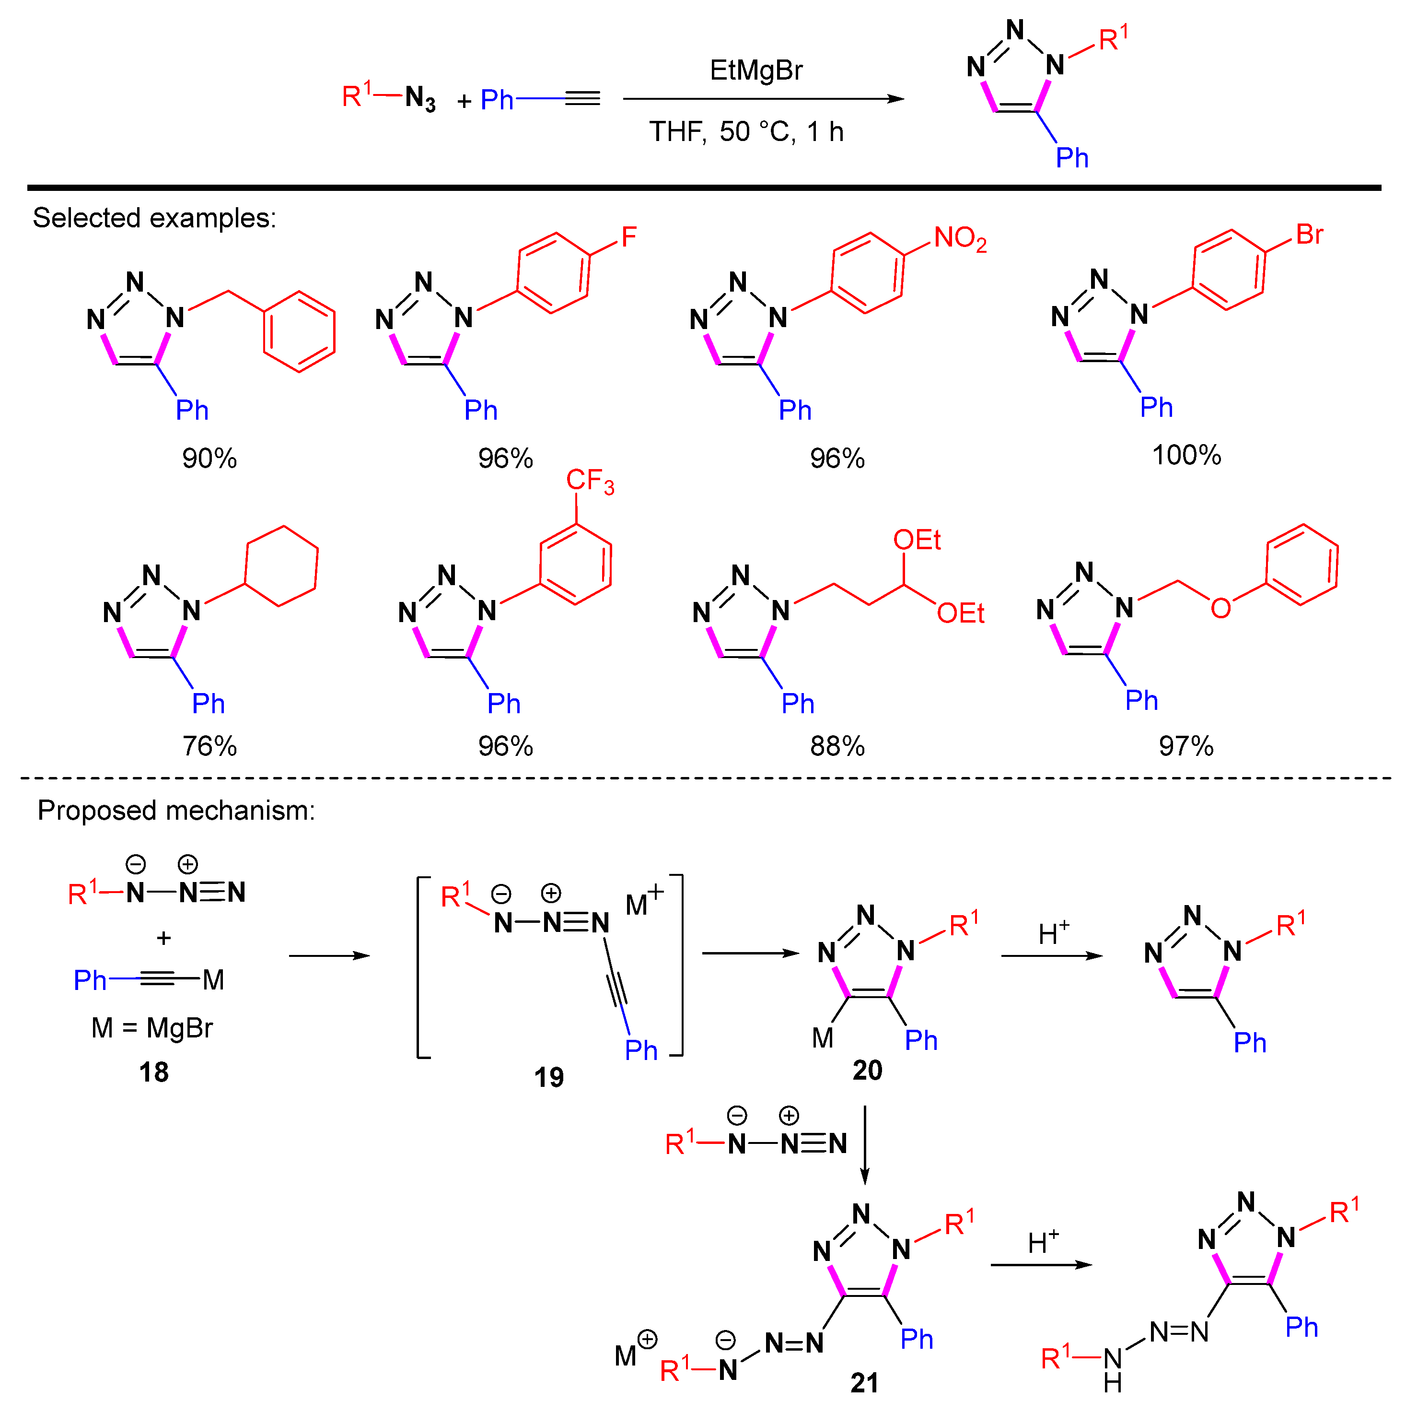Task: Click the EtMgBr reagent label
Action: (x=755, y=70)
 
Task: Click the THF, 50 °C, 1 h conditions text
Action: (x=746, y=131)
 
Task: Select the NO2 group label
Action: (x=959, y=238)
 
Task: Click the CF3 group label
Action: (x=589, y=481)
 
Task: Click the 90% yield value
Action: (x=209, y=459)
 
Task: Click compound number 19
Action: (x=548, y=1077)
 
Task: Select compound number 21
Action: (x=864, y=1382)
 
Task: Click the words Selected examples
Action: (x=154, y=218)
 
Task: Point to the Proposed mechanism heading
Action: (x=176, y=811)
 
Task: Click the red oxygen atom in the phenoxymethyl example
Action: (x=1220, y=608)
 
